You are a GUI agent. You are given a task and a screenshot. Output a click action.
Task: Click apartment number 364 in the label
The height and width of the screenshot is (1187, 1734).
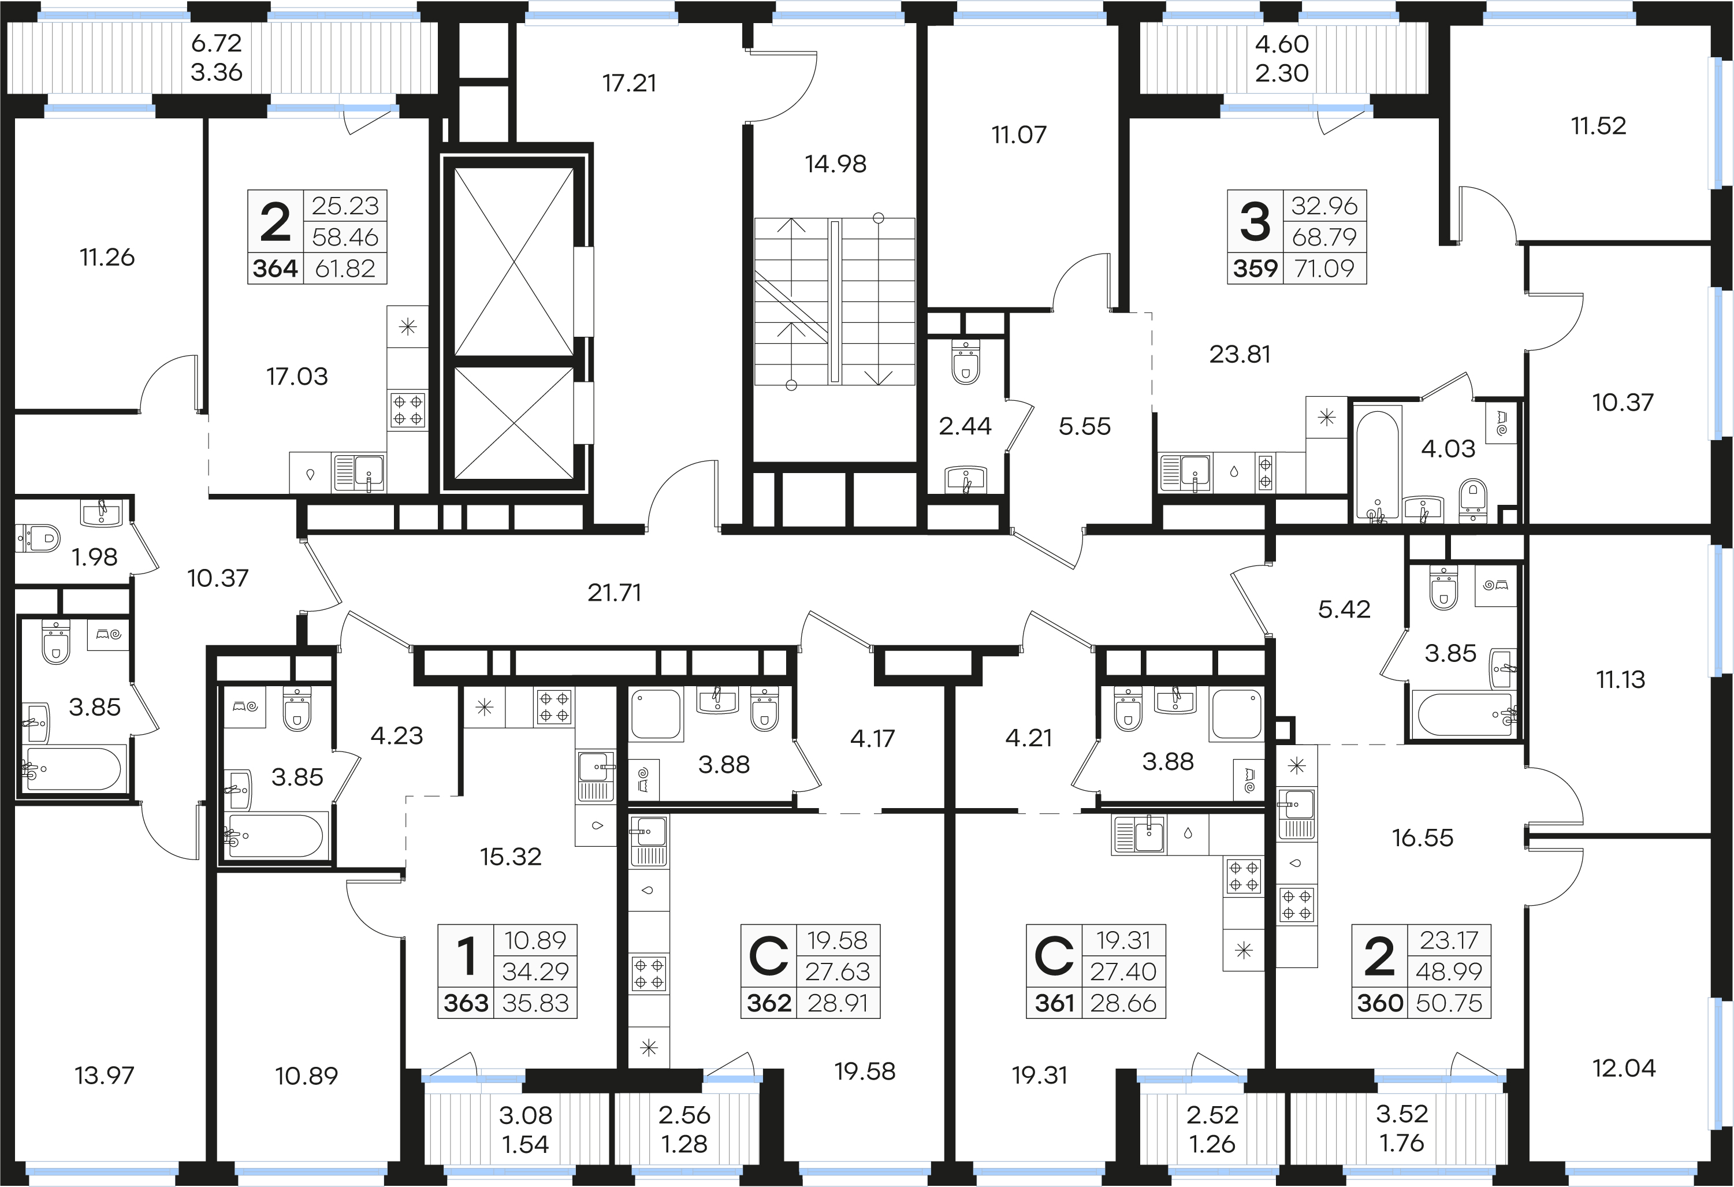(276, 269)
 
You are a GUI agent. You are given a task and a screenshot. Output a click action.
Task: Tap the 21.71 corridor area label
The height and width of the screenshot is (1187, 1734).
(614, 593)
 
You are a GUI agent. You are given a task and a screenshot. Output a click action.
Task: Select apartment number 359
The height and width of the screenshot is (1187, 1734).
(1255, 269)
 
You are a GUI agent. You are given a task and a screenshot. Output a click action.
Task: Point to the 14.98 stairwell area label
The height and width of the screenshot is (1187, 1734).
(836, 164)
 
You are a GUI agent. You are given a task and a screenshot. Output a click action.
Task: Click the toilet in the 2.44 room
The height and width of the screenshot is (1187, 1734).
(966, 363)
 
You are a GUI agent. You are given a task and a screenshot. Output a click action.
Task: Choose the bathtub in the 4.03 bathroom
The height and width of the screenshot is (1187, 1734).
(1376, 463)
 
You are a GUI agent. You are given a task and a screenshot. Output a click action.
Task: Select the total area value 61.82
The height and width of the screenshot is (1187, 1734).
(345, 269)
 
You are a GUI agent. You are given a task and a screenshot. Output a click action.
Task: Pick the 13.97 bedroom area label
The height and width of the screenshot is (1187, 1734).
(105, 1076)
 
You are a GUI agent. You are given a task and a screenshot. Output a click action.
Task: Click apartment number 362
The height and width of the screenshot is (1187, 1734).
(769, 1003)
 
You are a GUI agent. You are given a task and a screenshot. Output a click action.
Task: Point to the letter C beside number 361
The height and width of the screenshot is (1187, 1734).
(1054, 957)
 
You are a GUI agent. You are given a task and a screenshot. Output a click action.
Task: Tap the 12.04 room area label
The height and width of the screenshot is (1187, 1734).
(1624, 1069)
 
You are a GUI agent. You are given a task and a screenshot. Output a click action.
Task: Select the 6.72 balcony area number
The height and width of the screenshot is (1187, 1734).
(217, 43)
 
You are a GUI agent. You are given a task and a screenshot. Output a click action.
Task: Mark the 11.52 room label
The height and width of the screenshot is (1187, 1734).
(1598, 126)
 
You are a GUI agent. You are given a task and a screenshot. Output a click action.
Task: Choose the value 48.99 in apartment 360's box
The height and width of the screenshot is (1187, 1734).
(1448, 972)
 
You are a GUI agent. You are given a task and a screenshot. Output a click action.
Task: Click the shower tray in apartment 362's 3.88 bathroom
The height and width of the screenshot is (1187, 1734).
(656, 715)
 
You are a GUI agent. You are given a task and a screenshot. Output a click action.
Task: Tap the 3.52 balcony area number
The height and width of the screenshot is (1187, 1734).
(1402, 1114)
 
